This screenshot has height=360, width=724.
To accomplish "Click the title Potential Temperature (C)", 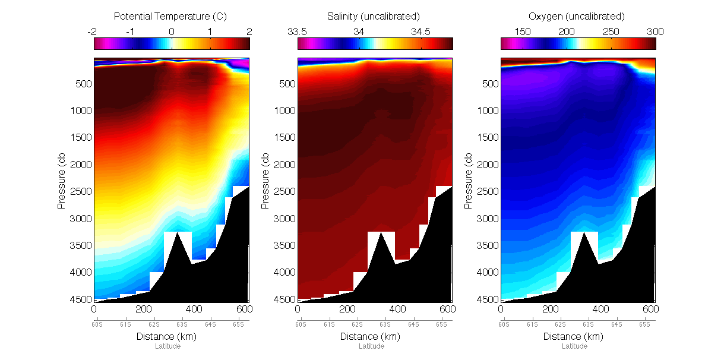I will [x=172, y=16].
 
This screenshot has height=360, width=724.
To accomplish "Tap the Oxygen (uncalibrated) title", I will [x=578, y=16].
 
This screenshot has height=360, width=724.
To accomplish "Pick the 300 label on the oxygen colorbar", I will [x=655, y=31].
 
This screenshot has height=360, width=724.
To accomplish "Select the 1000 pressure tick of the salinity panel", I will [x=284, y=110].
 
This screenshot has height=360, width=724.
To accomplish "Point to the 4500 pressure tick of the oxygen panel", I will [x=487, y=299].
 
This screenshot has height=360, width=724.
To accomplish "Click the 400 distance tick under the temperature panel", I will [x=193, y=310].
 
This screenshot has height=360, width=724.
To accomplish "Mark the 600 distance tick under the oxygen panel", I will [x=650, y=310].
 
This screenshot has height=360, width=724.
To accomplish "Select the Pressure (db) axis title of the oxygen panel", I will [x=469, y=179].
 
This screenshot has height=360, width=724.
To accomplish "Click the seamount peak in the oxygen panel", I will [x=584, y=232].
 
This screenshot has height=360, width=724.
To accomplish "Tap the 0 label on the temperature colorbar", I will [x=171, y=31].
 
